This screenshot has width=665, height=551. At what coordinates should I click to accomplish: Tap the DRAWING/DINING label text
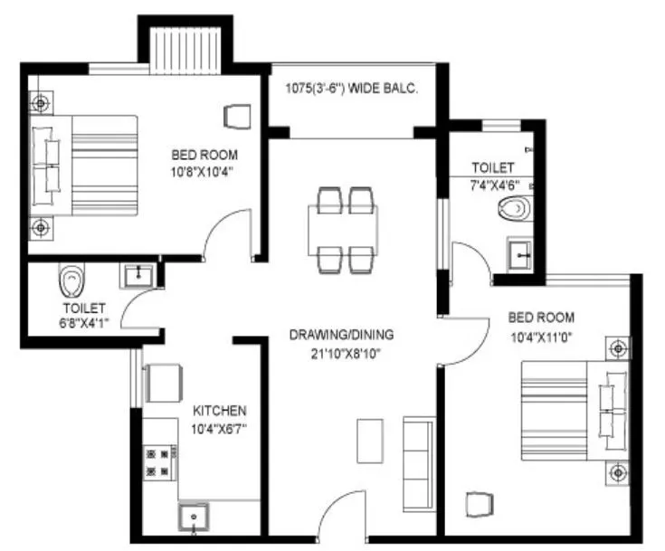pyautogui.click(x=341, y=334)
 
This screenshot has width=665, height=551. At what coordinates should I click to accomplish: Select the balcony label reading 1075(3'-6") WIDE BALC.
pyautogui.click(x=351, y=88)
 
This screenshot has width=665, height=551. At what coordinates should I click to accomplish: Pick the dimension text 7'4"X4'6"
pyautogui.click(x=493, y=185)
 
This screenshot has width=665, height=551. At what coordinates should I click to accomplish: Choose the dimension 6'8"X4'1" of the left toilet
pyautogui.click(x=85, y=323)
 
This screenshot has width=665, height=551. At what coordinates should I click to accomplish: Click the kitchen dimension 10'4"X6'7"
pyautogui.click(x=219, y=429)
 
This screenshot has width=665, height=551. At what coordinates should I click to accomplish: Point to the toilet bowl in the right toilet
pyautogui.click(x=512, y=209)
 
